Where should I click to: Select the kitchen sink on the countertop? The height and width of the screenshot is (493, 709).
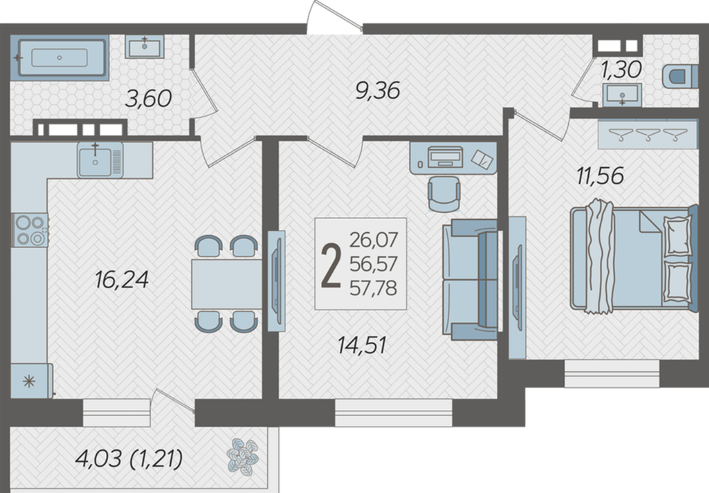(x=100, y=160)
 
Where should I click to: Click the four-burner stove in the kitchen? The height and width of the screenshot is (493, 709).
(x=30, y=230)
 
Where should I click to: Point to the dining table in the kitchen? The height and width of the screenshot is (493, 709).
(x=227, y=284)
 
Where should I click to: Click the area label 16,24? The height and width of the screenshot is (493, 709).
(x=122, y=280)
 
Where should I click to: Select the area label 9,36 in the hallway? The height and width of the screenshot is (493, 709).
(x=378, y=91)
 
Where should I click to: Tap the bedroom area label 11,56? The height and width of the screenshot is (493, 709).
(x=600, y=175)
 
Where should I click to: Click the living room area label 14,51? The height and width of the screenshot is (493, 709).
(x=362, y=345)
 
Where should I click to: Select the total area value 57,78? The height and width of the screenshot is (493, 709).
(x=373, y=288)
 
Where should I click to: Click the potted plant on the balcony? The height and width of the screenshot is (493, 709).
(x=242, y=457)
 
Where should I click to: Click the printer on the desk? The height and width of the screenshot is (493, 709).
(x=445, y=157)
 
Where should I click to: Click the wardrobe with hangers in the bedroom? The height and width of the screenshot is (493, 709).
(x=648, y=134)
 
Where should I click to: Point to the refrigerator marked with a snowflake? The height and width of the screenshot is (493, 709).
(x=31, y=381)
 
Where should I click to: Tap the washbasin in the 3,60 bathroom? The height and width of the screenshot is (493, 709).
(x=144, y=46)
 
